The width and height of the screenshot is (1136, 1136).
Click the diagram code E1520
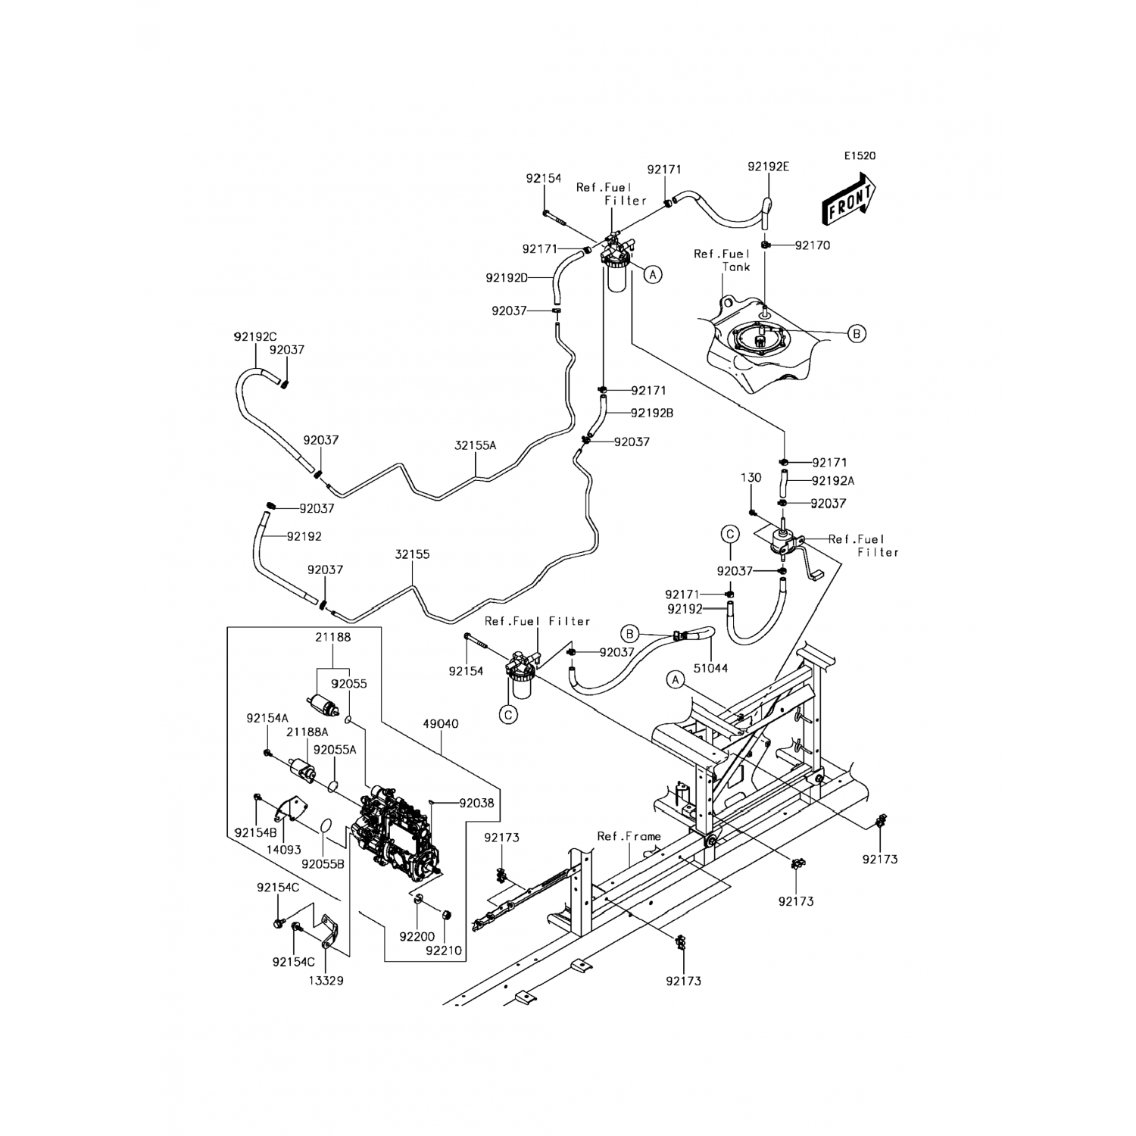point(860,156)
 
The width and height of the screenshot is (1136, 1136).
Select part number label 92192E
point(768,167)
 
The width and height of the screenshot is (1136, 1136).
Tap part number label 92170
point(813,245)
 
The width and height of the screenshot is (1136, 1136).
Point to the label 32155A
point(475,445)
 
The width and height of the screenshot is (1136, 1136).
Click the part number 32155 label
point(412,554)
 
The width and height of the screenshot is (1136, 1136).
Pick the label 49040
point(440,724)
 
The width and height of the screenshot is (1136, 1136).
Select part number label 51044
point(711,668)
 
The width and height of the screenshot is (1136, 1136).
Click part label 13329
point(325,980)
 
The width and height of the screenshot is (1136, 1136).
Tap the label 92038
point(476,802)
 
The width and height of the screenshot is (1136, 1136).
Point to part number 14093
point(284,850)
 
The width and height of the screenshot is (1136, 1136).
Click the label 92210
point(444,950)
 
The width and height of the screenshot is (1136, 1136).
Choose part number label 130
point(751,478)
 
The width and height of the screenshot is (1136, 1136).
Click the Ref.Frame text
point(629,836)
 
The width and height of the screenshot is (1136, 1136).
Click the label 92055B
point(323,863)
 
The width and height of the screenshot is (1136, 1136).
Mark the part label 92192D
point(507,278)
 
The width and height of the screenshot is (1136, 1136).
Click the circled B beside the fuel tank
point(857,333)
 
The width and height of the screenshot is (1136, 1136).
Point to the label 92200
point(418,937)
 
